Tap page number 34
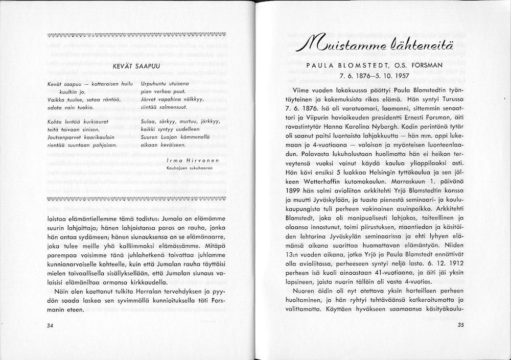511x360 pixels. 50,326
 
